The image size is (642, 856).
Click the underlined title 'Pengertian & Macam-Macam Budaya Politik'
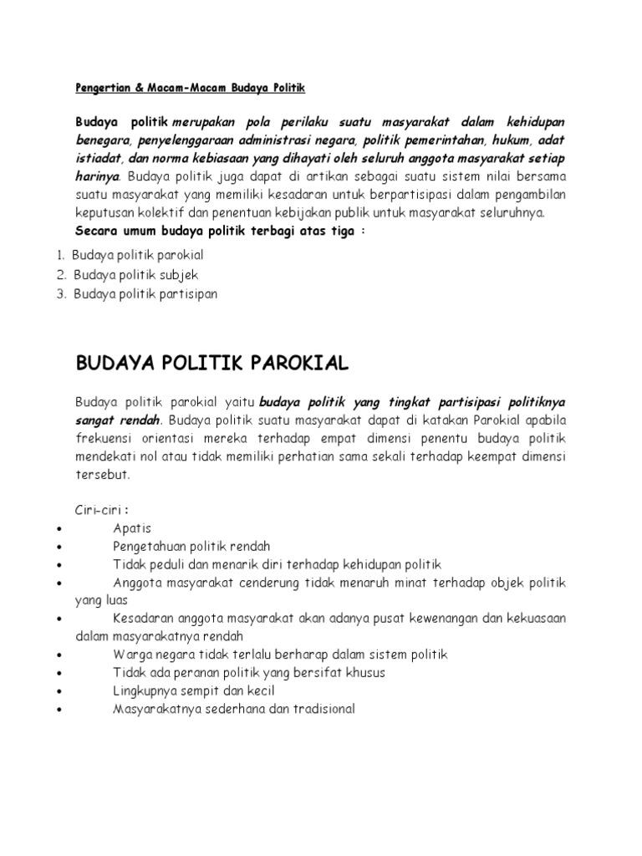191,88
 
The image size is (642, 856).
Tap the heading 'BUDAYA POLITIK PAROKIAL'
212,364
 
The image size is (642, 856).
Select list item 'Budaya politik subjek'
135,274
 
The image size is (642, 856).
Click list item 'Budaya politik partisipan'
145,293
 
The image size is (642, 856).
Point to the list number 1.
61,255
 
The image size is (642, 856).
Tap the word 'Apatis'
132,528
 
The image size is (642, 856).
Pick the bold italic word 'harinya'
99,176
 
